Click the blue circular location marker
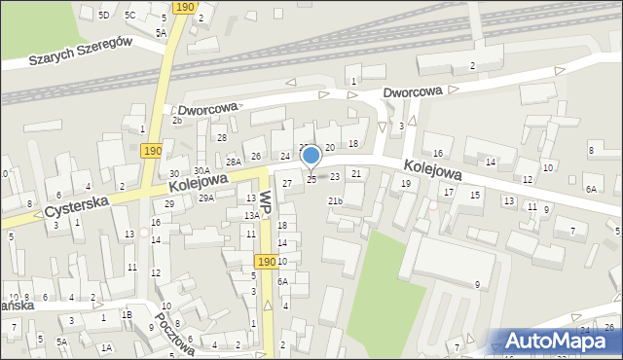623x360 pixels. pos(311,155)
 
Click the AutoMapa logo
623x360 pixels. pos(560,342)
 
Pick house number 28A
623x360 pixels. pos(234,162)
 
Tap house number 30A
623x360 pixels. pos(202,171)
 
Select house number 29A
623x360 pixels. pos(206,198)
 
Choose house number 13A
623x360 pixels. pos(251,215)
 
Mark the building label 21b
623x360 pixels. pos(335,201)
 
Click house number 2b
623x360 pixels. pos(177,121)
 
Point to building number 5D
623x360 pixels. pos(103,15)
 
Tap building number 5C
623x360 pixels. pos(129,15)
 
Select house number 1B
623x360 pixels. pos(127,315)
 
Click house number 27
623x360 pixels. pos(286,183)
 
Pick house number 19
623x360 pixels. pos(406,183)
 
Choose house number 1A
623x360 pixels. pos(106,347)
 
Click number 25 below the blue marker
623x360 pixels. pos(311,179)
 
